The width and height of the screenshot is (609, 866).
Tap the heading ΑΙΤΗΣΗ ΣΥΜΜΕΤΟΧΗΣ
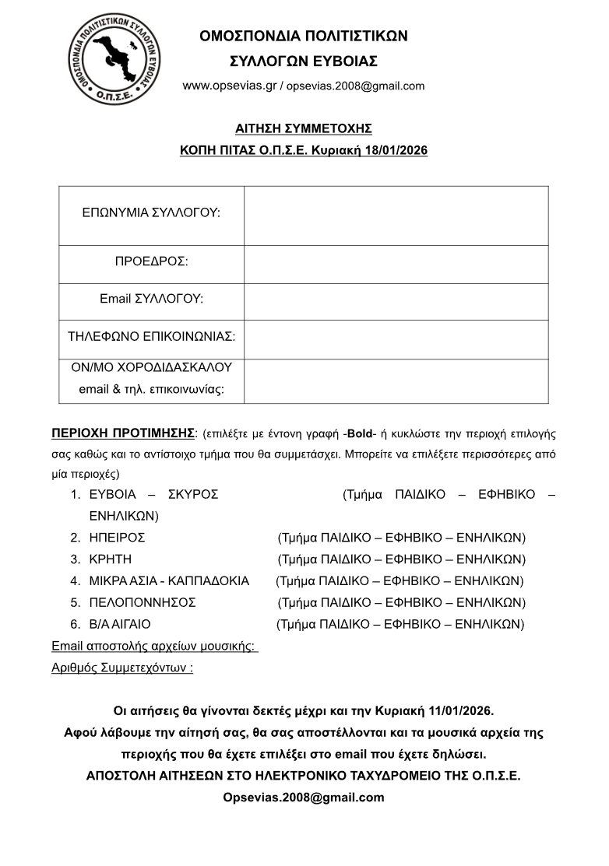304,128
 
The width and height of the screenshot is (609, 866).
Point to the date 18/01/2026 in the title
396,150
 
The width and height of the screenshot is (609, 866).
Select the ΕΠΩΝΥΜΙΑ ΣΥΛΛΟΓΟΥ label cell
151,212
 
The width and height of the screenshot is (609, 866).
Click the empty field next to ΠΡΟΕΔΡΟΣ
396,264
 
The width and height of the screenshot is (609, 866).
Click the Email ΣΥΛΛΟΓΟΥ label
151,299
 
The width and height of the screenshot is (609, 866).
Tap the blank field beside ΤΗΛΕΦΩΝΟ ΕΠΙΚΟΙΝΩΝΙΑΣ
396,339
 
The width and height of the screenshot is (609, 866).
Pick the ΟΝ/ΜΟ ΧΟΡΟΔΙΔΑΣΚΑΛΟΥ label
151,367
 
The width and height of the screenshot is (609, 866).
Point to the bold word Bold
361,433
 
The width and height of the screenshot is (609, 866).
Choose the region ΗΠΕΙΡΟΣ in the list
117,538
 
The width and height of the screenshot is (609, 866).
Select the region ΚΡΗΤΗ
110,559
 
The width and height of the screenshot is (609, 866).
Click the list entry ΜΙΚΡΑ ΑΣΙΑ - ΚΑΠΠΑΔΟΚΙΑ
169,581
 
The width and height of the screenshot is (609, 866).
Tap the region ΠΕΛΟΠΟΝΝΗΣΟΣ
143,603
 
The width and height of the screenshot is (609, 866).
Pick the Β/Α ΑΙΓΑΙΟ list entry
120,625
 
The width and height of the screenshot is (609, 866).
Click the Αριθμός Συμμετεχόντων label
122,668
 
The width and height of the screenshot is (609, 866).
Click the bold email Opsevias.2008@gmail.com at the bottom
304,798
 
